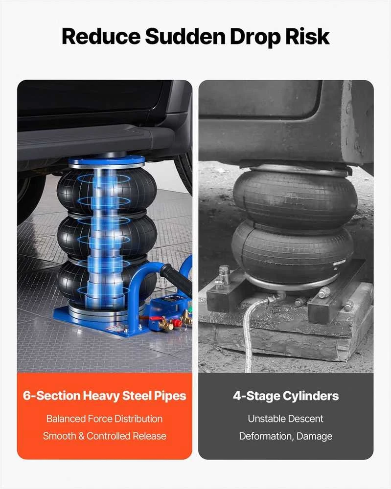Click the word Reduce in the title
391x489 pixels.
pyautogui.click(x=101, y=36)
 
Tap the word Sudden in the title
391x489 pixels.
pyautogui.click(x=185, y=36)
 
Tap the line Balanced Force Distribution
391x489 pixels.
pyautogui.click(x=105, y=419)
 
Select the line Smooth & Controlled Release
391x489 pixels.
pyautogui.click(x=105, y=436)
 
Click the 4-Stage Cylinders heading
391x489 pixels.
pyautogui.click(x=286, y=396)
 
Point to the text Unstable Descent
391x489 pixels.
pyautogui.click(x=285, y=419)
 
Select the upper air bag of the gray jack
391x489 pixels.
pyautogui.click(x=295, y=196)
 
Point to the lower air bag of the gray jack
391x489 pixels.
pyautogui.click(x=293, y=249)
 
